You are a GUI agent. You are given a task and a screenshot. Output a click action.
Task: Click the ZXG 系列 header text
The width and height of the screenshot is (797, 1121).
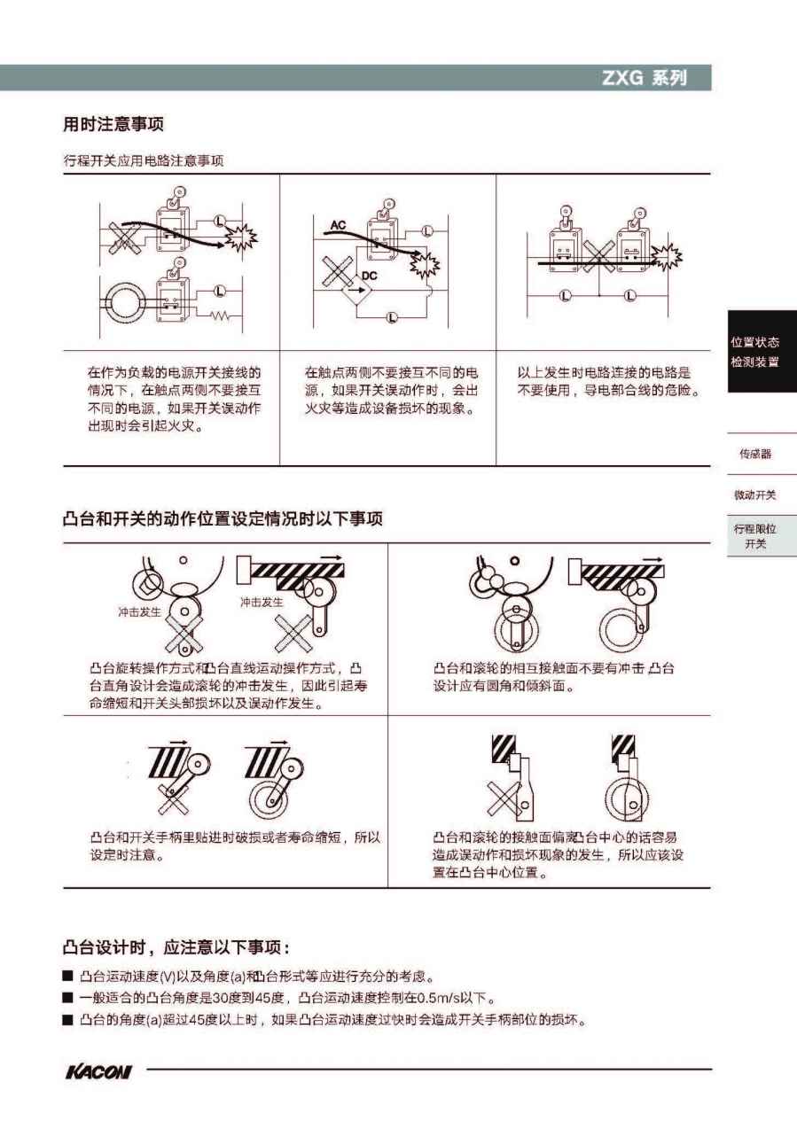point(645,78)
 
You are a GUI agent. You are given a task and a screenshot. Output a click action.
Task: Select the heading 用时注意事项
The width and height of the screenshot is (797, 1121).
point(113,123)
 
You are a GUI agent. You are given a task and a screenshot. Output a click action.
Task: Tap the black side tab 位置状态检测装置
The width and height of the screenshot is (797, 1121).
point(762,351)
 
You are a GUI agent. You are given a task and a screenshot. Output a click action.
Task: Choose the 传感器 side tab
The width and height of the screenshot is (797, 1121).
point(755,454)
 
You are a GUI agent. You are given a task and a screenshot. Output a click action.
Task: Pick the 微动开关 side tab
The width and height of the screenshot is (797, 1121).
point(755,495)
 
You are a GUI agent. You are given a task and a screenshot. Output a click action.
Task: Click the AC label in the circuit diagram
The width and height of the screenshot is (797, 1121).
point(338,225)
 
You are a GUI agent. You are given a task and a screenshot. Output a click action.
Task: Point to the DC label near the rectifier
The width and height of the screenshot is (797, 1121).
point(369,276)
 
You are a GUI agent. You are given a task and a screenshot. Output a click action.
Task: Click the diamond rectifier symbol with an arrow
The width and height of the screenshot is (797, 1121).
point(356,289)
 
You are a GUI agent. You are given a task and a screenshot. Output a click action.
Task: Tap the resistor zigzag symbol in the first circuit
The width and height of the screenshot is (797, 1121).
point(219,315)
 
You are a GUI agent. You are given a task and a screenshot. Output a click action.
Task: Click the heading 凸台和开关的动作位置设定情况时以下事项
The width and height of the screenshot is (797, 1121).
point(223,519)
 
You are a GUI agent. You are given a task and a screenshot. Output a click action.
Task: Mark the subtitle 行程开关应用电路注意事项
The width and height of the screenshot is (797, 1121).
point(144,160)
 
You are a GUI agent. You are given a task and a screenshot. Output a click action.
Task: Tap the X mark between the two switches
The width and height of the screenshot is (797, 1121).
point(599,256)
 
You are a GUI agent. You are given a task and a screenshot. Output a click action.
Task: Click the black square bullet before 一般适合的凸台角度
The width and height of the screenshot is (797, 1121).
point(67,998)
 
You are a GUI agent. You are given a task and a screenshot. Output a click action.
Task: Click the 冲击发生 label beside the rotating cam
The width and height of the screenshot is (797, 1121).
point(140,611)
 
